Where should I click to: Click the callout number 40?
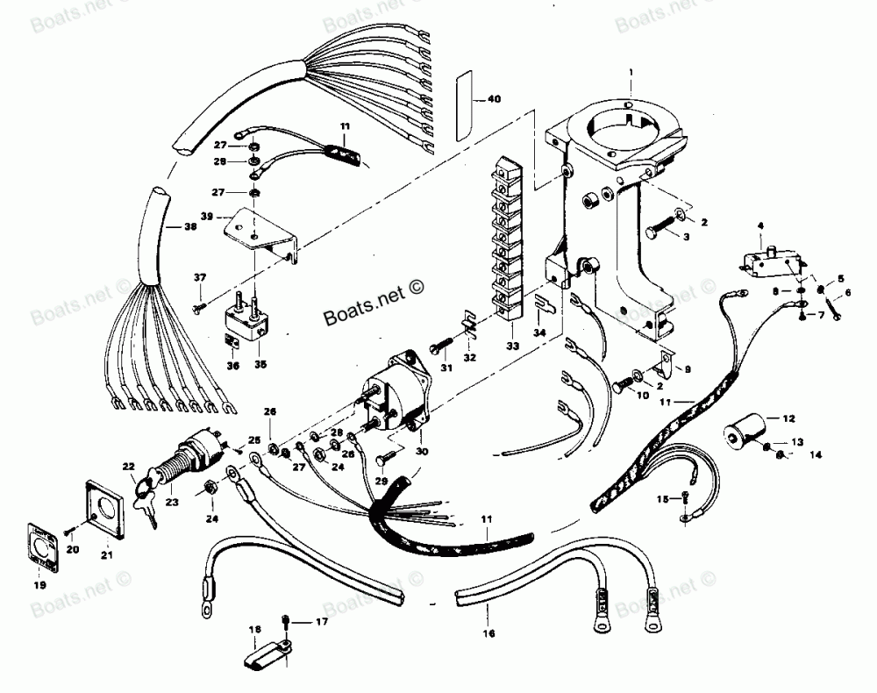pos(495,99)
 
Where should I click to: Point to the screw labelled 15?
pos(686,500)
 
